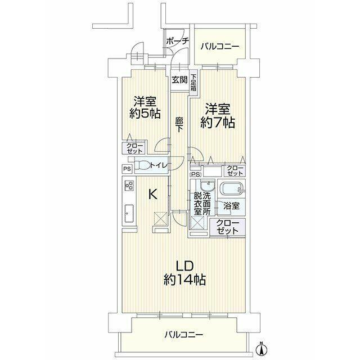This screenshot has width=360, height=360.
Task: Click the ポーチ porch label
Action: point(177,41)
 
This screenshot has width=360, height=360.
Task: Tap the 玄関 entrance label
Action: point(180,80)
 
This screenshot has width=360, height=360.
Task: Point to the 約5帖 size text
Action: point(145,113)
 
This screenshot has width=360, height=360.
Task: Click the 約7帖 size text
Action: point(218,123)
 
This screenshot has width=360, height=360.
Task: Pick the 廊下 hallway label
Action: point(179,125)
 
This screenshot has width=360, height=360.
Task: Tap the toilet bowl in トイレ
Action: point(142,165)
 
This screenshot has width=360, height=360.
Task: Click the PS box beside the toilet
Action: point(127,169)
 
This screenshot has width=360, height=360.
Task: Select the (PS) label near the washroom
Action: point(196,174)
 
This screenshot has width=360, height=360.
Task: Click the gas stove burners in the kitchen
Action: point(129,186)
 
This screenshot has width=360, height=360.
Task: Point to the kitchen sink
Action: point(129,213)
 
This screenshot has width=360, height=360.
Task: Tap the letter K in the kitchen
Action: point(153,194)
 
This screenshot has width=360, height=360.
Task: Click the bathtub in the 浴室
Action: point(231,188)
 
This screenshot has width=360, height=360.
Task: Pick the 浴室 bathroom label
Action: point(231,206)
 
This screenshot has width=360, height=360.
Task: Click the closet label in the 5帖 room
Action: point(134,148)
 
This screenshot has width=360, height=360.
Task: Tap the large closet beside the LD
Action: point(227,227)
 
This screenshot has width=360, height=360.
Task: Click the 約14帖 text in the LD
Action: point(184,280)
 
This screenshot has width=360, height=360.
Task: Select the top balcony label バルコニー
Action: point(220,47)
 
